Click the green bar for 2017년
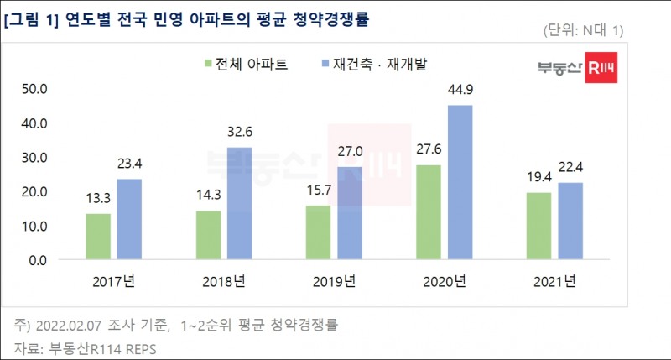coord(98,237)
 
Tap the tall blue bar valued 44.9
coord(460,182)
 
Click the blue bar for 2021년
coord(570,222)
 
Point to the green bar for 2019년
coord(318,232)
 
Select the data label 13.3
coord(99,199)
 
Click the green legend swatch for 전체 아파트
coord(206,64)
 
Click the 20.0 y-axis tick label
coord(37,191)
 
